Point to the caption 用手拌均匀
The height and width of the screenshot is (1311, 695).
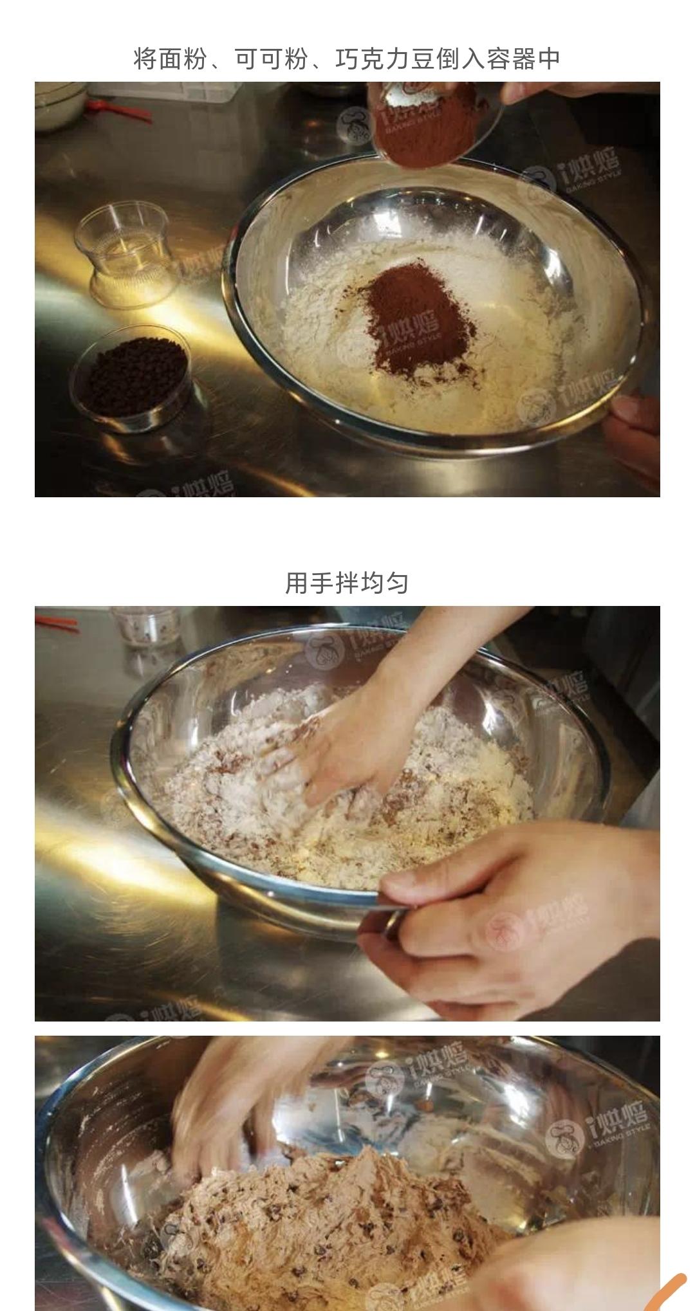(347, 583)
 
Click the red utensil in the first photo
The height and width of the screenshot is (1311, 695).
(120, 109)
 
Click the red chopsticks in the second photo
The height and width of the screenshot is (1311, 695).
(57, 623)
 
